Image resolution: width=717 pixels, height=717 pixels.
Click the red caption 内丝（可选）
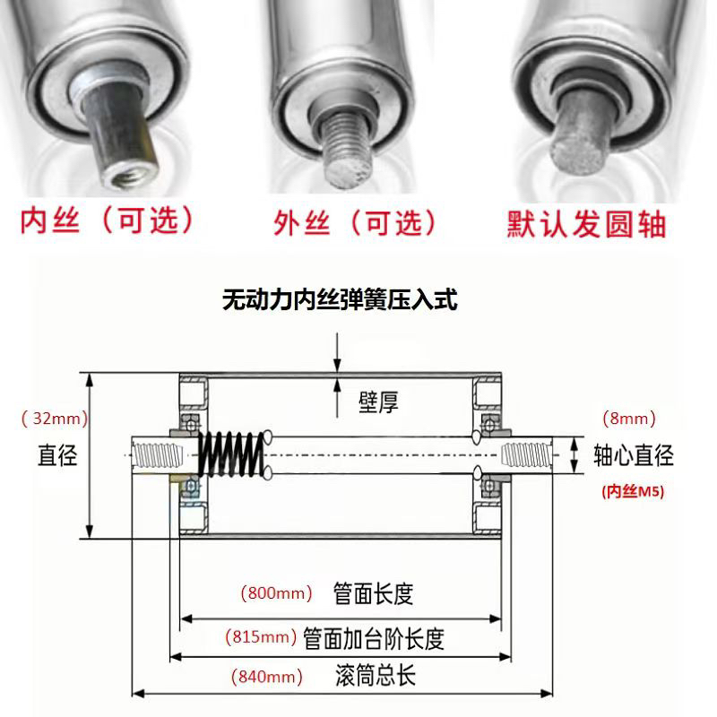point(107,220)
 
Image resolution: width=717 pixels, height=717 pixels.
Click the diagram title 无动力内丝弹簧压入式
point(340,300)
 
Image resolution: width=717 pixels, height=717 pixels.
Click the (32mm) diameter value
point(49,418)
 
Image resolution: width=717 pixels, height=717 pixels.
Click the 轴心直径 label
point(633,455)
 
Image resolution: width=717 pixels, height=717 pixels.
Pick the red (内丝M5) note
point(632,490)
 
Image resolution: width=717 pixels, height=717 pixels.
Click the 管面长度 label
point(372,593)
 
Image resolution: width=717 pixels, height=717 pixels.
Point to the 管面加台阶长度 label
point(374,638)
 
